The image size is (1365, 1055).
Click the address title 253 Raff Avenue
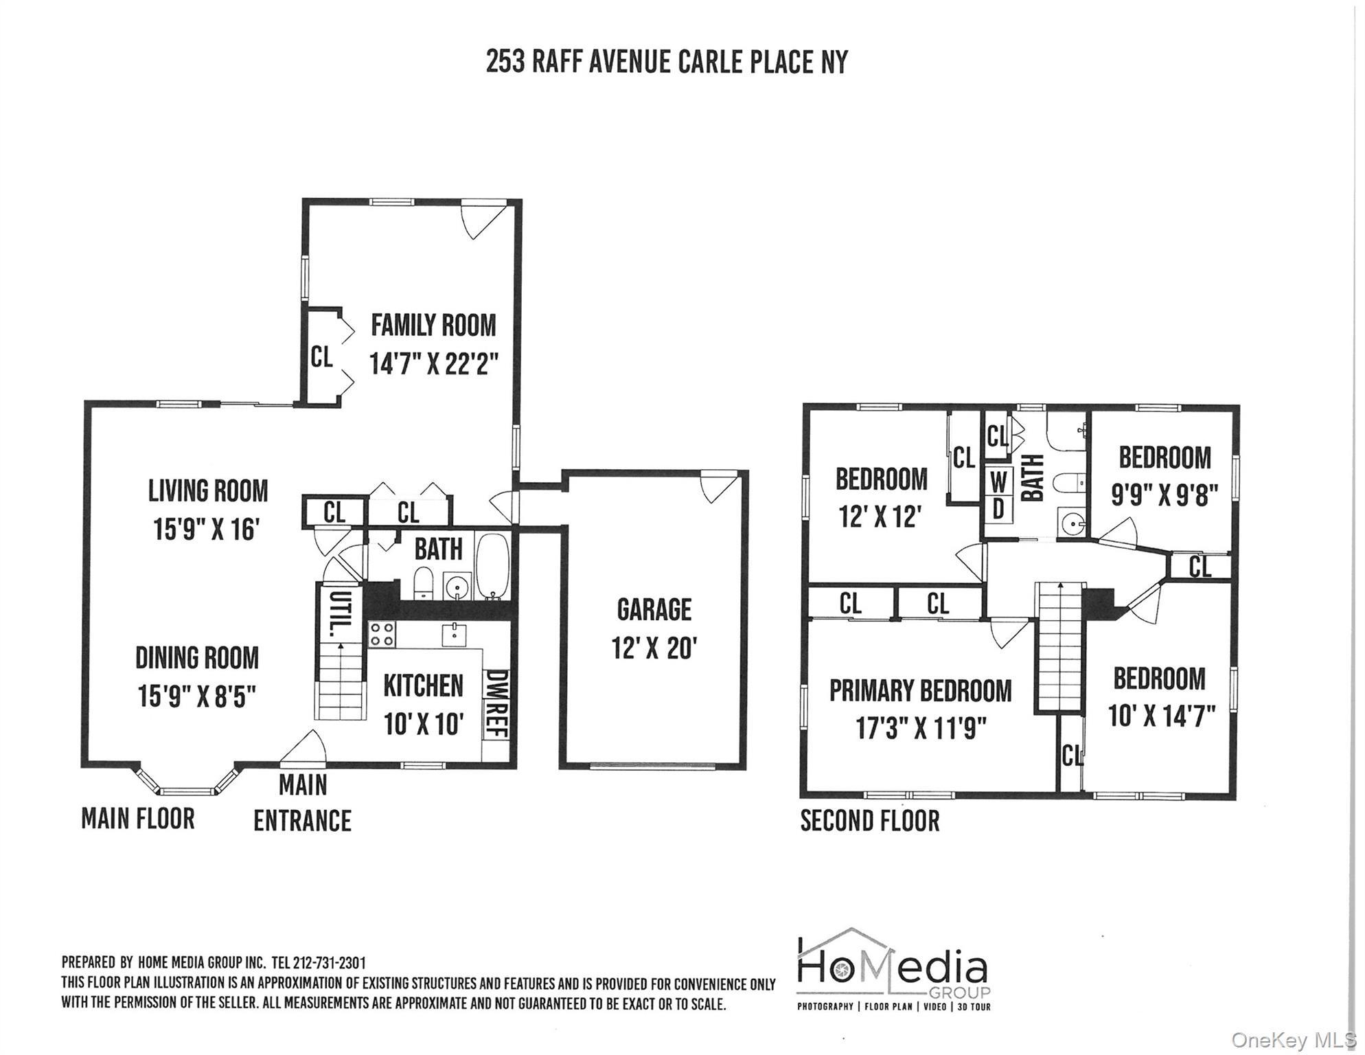pyautogui.click(x=666, y=62)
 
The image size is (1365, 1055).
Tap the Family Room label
pyautogui.click(x=433, y=326)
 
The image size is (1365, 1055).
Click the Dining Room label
pyautogui.click(x=197, y=658)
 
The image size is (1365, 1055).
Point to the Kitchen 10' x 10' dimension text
pyautogui.click(x=424, y=724)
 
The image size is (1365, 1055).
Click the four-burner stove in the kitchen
pyautogui.click(x=382, y=634)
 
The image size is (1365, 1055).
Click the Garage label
pyautogui.click(x=654, y=610)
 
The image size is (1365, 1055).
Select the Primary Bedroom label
pyautogui.click(x=920, y=691)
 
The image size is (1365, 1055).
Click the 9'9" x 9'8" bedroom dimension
pyautogui.click(x=1165, y=495)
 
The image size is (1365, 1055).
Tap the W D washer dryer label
pyautogui.click(x=998, y=495)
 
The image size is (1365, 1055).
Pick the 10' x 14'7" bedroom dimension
pyautogui.click(x=1161, y=716)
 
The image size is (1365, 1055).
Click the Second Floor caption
pyautogui.click(x=869, y=821)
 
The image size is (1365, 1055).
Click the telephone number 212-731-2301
pyautogui.click(x=329, y=963)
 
